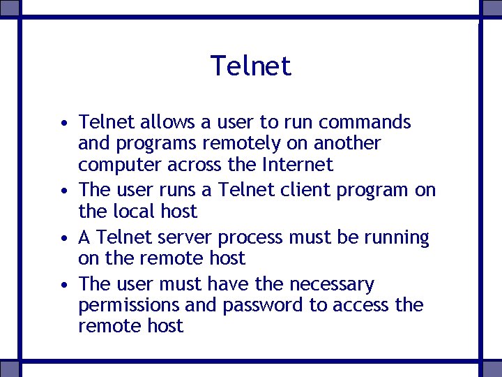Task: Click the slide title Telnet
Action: click(x=251, y=66)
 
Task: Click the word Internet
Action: click(x=298, y=165)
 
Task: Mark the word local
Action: click(x=134, y=211)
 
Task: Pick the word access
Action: click(x=361, y=306)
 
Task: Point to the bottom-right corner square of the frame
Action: click(x=492, y=369)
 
